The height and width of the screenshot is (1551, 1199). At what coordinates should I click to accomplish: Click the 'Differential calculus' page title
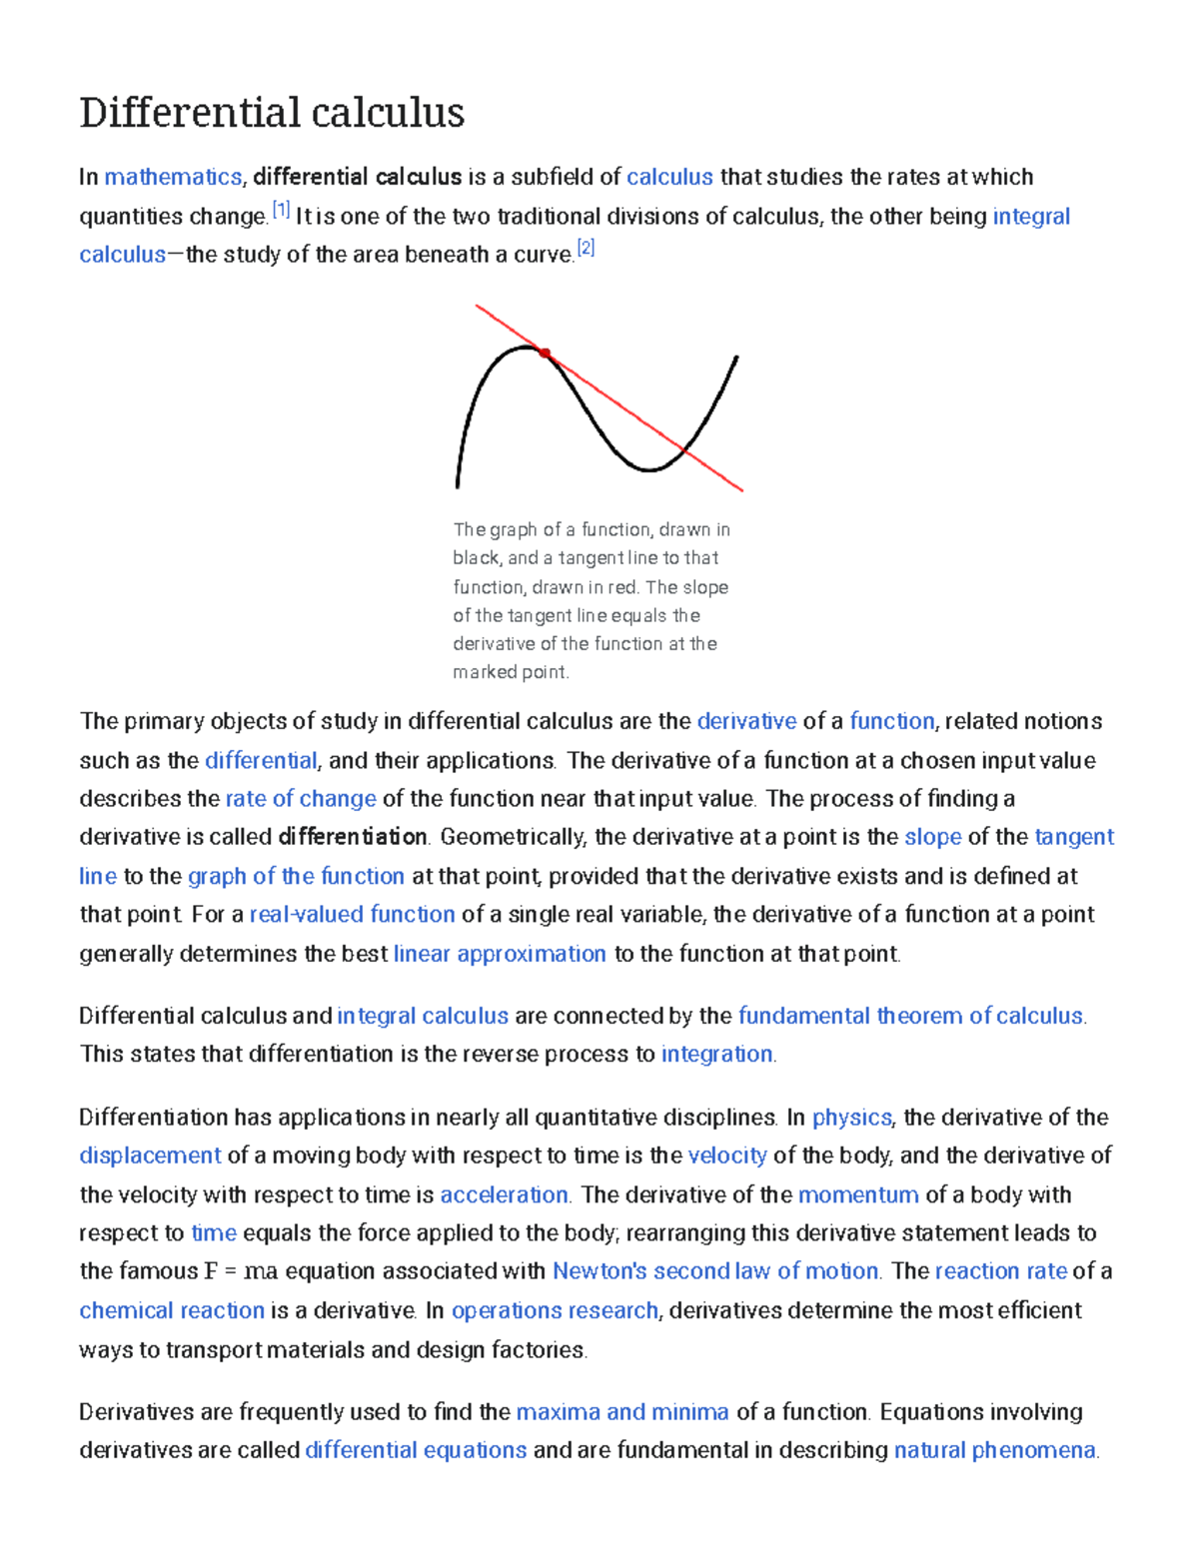coord(272,113)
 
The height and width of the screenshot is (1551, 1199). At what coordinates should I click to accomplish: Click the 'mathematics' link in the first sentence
coord(173,178)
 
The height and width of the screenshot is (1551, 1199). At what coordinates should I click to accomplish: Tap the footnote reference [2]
coord(586,249)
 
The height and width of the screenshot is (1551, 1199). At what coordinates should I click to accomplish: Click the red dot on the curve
coord(545,353)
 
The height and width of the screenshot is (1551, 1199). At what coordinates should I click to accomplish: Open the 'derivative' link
coord(746,721)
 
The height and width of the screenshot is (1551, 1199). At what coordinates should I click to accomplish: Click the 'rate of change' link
coord(301,799)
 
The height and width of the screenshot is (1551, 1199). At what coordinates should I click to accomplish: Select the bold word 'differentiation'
coord(353,837)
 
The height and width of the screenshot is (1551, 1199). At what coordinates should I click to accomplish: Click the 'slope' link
coord(932,837)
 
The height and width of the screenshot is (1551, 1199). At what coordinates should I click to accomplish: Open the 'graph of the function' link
coord(296,877)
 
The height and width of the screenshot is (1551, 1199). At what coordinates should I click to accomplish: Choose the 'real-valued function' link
coord(352,915)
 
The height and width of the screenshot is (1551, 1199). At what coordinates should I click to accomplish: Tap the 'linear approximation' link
coord(500,954)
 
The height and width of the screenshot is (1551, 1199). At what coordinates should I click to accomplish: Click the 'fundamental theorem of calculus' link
coord(910,1016)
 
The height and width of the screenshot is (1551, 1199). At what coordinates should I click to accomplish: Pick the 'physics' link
coord(851,1118)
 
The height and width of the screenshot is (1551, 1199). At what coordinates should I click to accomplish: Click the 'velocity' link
coord(727,1156)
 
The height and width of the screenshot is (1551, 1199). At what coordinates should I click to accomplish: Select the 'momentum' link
coord(858,1195)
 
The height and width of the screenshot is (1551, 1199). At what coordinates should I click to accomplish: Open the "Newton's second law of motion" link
coord(715,1271)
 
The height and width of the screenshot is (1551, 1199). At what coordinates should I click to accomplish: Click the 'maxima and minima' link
coord(622,1412)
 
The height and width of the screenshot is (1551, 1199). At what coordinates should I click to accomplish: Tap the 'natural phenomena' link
coord(995,1450)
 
